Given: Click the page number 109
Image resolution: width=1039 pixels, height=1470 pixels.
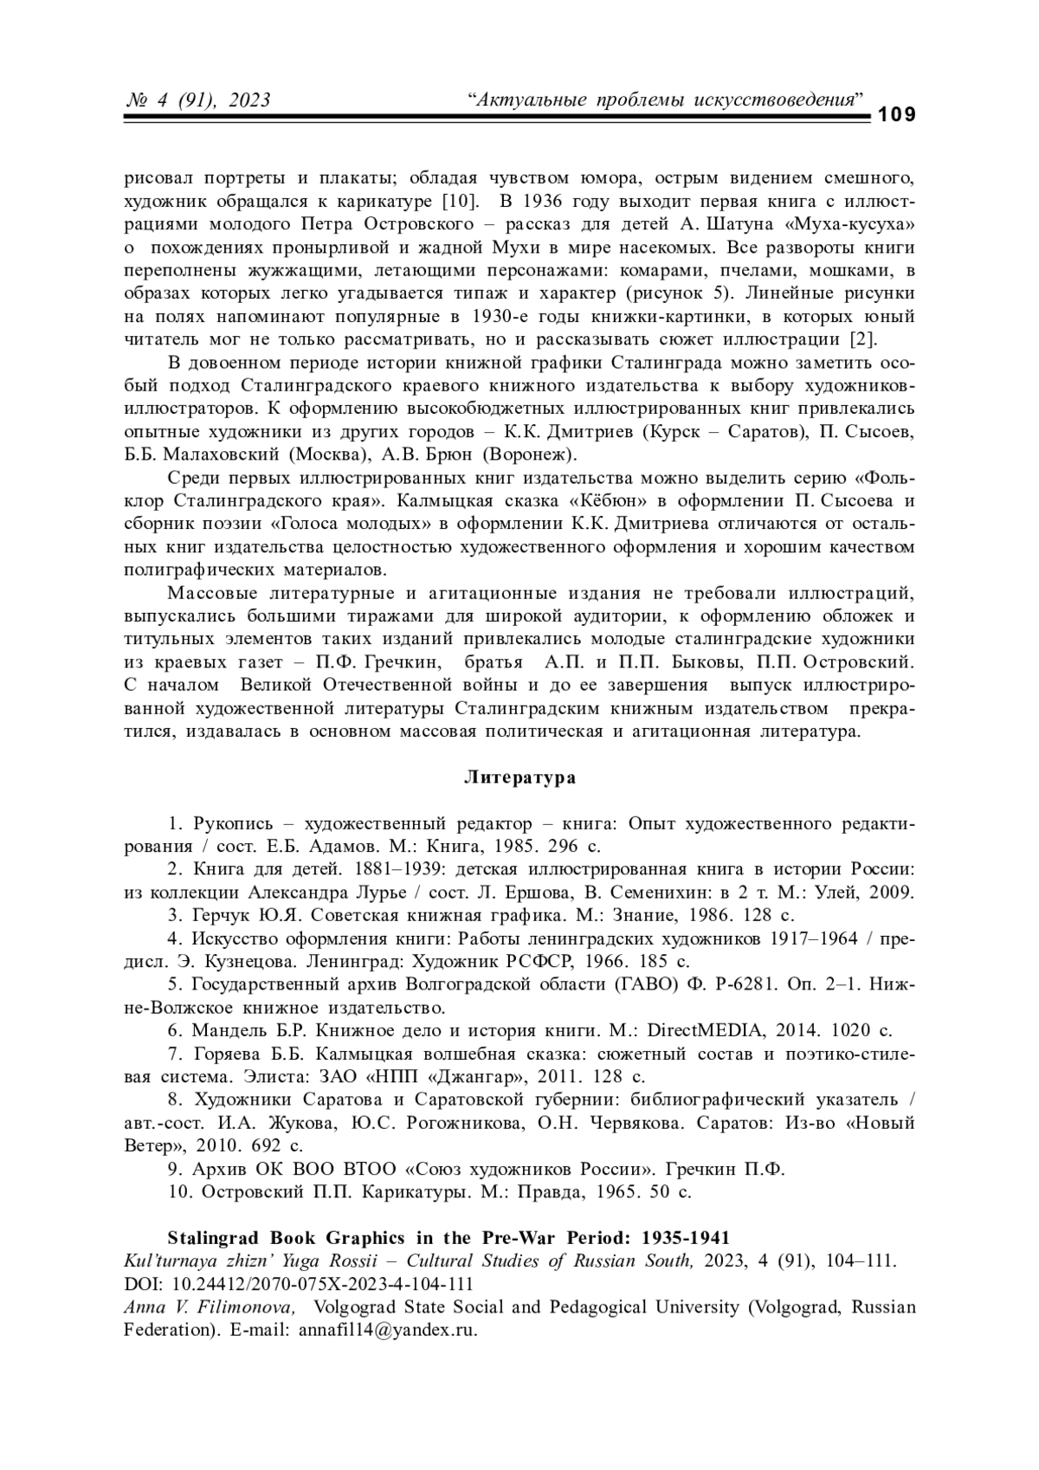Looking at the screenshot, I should click(x=897, y=116).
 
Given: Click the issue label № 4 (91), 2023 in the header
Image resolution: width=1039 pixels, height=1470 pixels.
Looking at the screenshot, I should click(x=198, y=100).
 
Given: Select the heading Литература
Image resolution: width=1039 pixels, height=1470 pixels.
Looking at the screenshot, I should click(x=519, y=777).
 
